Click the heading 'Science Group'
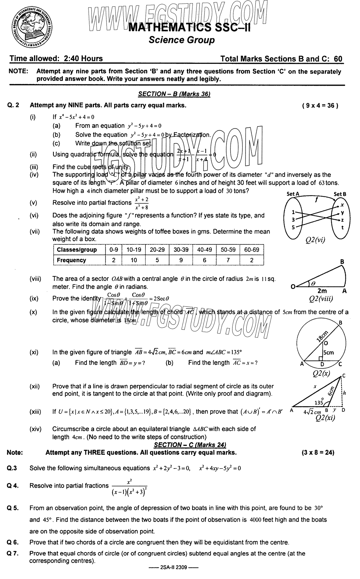181,40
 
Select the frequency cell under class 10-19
134,260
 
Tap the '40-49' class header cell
204,250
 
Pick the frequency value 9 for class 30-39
181,260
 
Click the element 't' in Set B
342,227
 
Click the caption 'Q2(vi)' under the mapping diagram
316,240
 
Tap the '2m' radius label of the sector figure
322,291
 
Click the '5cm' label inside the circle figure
328,353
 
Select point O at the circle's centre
326,343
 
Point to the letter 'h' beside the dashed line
344,393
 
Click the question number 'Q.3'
12,468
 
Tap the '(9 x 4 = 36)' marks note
320,106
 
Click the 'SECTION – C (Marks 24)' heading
190,445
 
